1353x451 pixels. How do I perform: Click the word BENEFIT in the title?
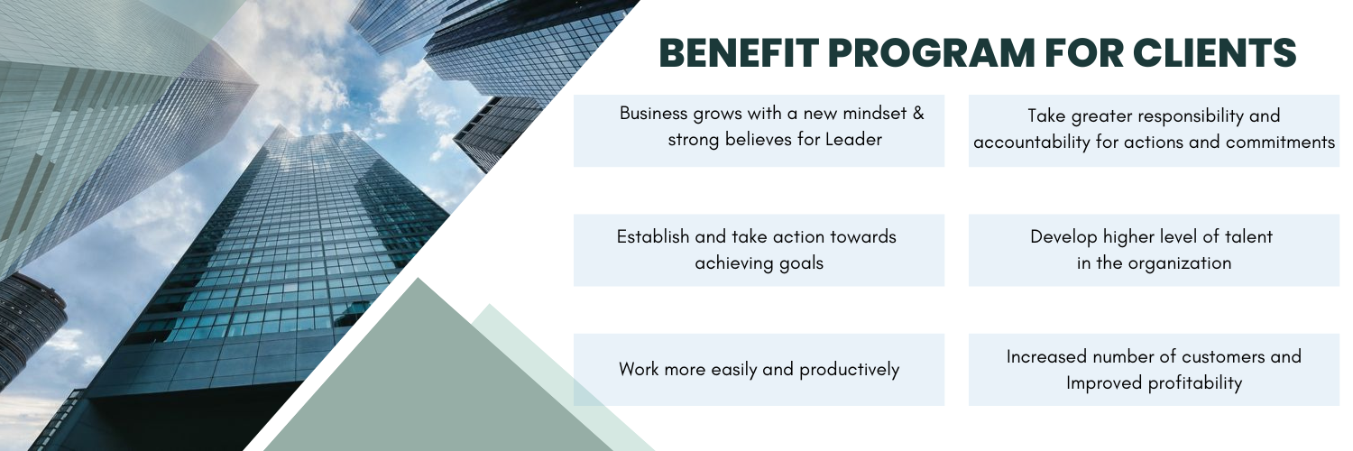tap(739, 52)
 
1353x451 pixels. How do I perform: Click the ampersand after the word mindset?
tap(918, 114)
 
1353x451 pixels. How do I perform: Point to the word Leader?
tap(853, 140)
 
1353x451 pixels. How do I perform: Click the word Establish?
tap(653, 236)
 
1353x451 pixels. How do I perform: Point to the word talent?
tap(1248, 236)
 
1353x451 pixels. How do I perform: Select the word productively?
tap(850, 370)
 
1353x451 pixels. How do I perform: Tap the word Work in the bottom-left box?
tap(639, 370)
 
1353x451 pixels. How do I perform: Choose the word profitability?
tap(1195, 383)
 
